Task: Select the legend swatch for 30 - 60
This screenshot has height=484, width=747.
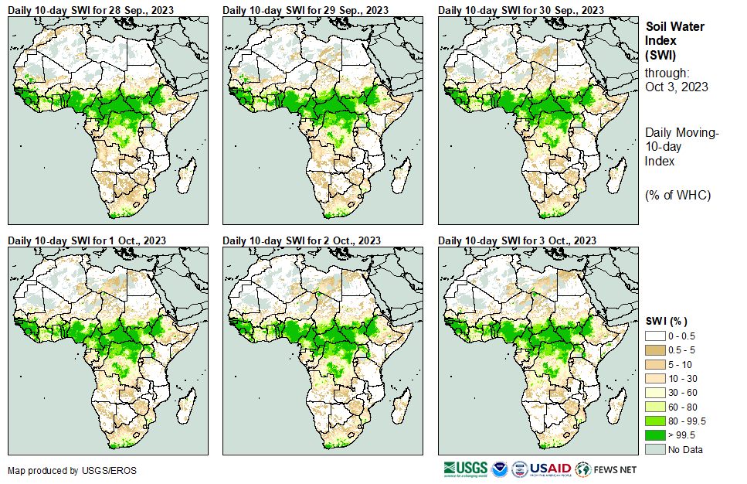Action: coord(656,393)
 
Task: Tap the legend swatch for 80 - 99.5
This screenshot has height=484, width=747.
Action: coord(656,421)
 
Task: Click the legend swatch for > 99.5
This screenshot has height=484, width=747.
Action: coord(656,435)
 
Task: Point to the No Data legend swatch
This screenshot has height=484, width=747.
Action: coord(656,448)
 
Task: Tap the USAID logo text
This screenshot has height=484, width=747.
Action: coord(550,469)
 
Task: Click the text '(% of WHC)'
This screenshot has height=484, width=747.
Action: coord(677,195)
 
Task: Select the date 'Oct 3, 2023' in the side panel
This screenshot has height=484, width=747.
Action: coord(677,87)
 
